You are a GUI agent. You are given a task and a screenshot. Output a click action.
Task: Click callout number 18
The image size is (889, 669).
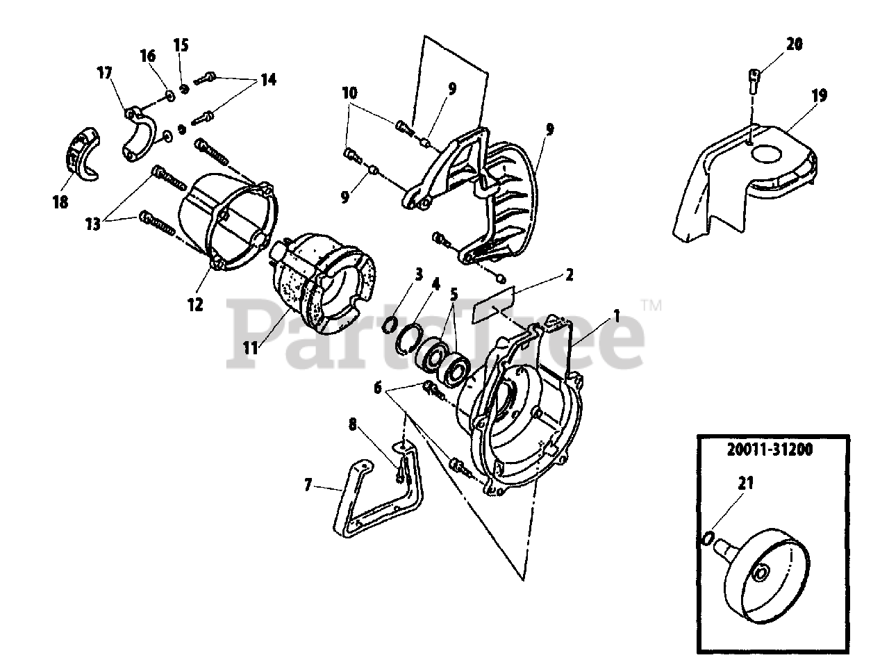60,202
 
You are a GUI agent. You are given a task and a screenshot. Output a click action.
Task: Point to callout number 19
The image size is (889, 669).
819,95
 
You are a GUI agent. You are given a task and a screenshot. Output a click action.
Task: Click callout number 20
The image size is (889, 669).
795,44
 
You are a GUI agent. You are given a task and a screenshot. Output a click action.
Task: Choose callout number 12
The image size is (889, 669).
195,304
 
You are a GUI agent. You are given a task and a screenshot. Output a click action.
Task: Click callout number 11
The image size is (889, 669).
251,347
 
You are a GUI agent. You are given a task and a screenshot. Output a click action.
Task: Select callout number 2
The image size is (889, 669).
569,274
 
